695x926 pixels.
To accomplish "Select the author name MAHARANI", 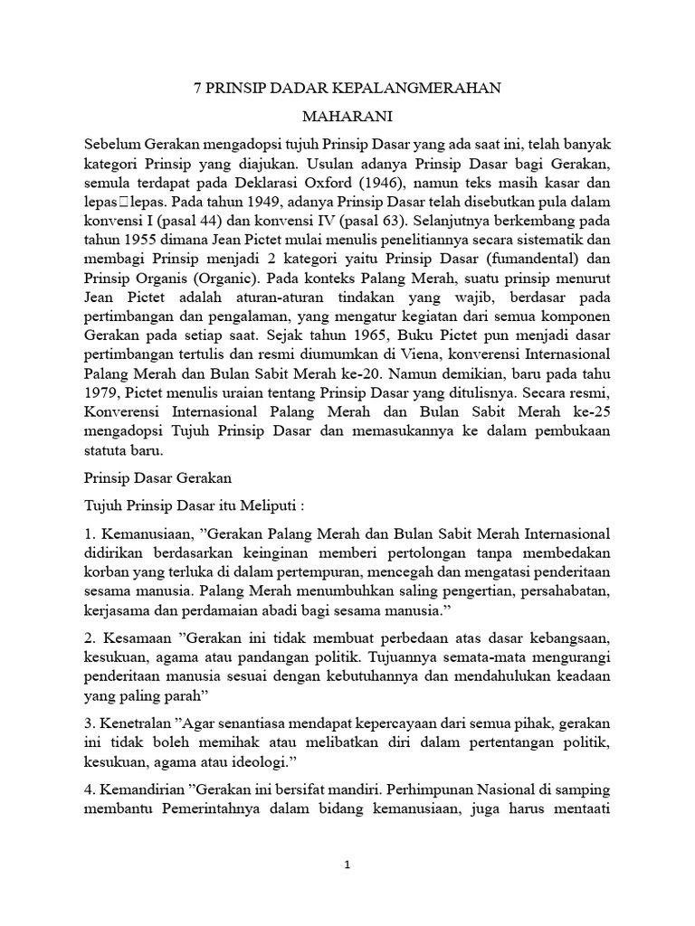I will pyautogui.click(x=346, y=118).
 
